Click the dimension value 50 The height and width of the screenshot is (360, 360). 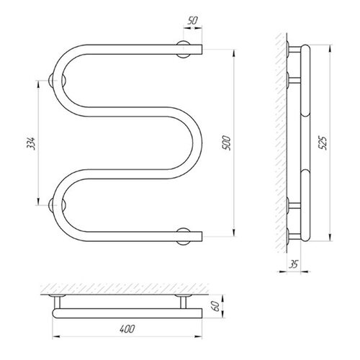point(192,21)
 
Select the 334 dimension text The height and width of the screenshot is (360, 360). point(32,143)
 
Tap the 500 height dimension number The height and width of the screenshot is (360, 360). point(226,143)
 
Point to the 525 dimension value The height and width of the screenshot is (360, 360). point(323,143)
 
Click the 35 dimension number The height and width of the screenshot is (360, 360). point(293,264)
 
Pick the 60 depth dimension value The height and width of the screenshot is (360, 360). point(216,306)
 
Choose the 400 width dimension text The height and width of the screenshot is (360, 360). point(127,329)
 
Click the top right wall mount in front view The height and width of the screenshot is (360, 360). point(184,50)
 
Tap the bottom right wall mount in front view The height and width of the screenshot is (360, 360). point(184,236)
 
